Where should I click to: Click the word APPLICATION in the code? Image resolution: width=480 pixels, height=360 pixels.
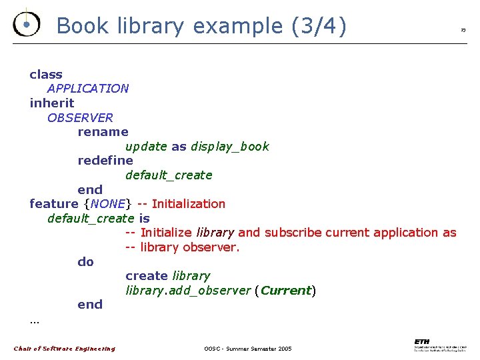pos(88,89)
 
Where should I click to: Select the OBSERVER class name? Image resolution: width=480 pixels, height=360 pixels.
pos(80,118)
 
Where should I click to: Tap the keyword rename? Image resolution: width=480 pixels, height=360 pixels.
pos(103,132)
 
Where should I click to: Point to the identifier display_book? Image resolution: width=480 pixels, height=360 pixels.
pos(230,147)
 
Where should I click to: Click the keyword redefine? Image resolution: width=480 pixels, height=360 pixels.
pos(105,161)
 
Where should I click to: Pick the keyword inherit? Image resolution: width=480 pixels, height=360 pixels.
pos(52,103)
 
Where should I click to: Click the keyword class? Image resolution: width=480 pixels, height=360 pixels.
pos(46,75)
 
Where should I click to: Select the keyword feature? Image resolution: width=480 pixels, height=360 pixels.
pos(54,204)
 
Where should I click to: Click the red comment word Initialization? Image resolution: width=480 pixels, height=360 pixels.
pos(189,204)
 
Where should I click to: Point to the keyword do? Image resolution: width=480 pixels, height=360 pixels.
pos(86,262)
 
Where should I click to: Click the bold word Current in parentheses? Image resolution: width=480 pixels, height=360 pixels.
pos(286,291)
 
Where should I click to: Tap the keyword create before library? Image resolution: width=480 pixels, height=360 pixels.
pos(147,276)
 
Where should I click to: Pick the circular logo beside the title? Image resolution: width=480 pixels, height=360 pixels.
pos(26,24)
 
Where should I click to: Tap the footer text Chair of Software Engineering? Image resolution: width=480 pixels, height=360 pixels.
pos(65,349)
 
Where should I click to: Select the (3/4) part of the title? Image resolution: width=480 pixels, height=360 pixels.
pos(319,26)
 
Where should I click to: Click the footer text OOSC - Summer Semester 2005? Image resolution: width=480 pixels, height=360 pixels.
pos(248,349)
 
